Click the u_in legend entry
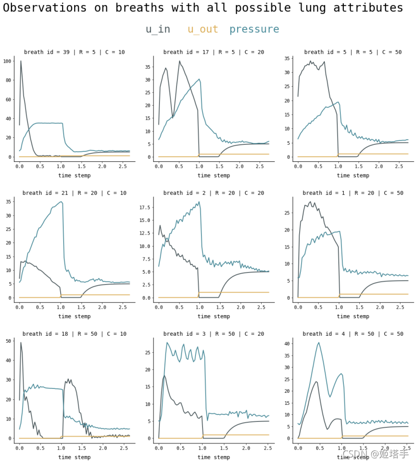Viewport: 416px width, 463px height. coord(158,30)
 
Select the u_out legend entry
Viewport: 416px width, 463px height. coord(202,30)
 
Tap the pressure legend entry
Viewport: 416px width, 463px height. coord(254,30)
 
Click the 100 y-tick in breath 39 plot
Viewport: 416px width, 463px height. coord(7,61)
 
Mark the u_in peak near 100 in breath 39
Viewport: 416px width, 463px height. coord(21,61)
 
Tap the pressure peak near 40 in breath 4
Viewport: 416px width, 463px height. coord(319,343)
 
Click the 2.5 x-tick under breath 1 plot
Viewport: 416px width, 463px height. coord(401,307)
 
